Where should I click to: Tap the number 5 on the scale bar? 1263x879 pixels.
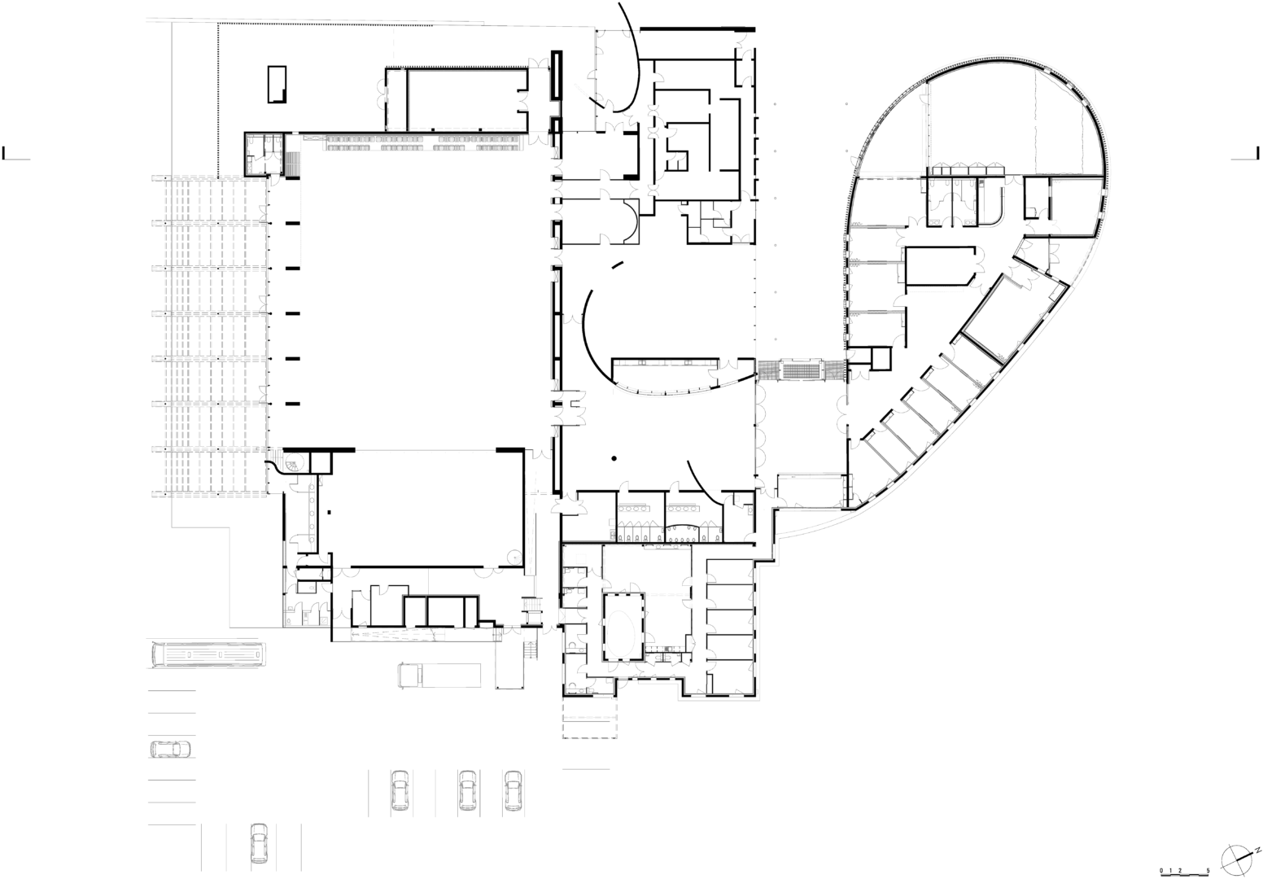1208,871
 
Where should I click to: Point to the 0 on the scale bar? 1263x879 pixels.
1161,871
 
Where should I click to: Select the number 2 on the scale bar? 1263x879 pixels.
1179,871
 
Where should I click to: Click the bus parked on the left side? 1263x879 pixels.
208,654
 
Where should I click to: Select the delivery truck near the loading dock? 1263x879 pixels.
439,675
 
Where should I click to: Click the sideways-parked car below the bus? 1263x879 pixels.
170,750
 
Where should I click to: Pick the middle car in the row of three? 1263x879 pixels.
467,790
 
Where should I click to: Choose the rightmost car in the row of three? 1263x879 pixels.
513,790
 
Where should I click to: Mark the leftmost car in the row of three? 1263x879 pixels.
400,790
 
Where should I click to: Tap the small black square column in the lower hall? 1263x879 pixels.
330,513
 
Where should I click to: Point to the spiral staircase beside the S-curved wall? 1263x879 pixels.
294,463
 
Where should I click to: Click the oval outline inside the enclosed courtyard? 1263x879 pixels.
623,627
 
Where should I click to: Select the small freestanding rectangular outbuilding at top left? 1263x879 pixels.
277,84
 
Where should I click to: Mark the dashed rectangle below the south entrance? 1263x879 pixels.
590,719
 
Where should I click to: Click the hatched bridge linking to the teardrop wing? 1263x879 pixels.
800,371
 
